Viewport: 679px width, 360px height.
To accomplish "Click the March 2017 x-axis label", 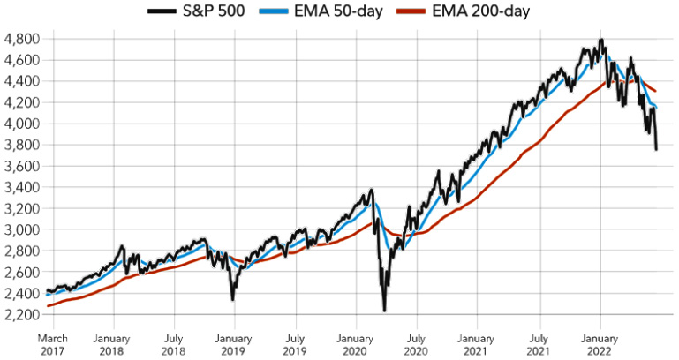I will pyautogui.click(x=52, y=343).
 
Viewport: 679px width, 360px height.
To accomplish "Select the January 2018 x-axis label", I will pyautogui.click(x=112, y=343).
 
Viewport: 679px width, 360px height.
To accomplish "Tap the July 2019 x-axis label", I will pyautogui.click(x=295, y=343).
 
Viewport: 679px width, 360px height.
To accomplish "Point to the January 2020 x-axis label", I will pyautogui.click(x=356, y=343).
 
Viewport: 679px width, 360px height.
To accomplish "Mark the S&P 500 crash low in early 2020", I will pyautogui.click(x=385, y=310).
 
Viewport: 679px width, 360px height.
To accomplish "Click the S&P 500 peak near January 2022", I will pyautogui.click(x=600, y=40).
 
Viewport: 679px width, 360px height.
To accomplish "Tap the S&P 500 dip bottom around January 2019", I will pyautogui.click(x=233, y=299).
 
